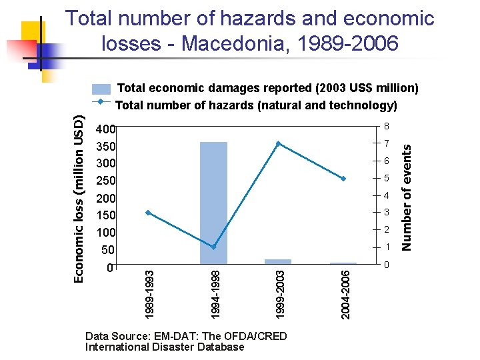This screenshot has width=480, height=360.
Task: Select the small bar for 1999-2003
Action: [278, 261]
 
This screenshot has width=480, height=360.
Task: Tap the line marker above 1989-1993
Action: [148, 213]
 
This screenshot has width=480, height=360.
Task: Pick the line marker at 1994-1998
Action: [213, 247]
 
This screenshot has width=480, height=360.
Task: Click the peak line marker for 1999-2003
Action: [278, 143]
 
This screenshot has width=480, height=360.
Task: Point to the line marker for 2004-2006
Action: [343, 179]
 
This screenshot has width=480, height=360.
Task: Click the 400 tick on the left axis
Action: [106, 129]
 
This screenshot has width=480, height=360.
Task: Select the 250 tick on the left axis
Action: [106, 181]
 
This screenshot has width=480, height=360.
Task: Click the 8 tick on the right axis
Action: [385, 127]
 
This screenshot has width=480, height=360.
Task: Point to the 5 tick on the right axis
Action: [385, 179]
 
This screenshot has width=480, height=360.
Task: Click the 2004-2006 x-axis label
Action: [345, 293]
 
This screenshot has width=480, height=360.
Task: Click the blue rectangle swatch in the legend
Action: [101, 89]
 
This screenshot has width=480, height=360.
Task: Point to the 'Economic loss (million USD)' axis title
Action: [79, 198]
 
